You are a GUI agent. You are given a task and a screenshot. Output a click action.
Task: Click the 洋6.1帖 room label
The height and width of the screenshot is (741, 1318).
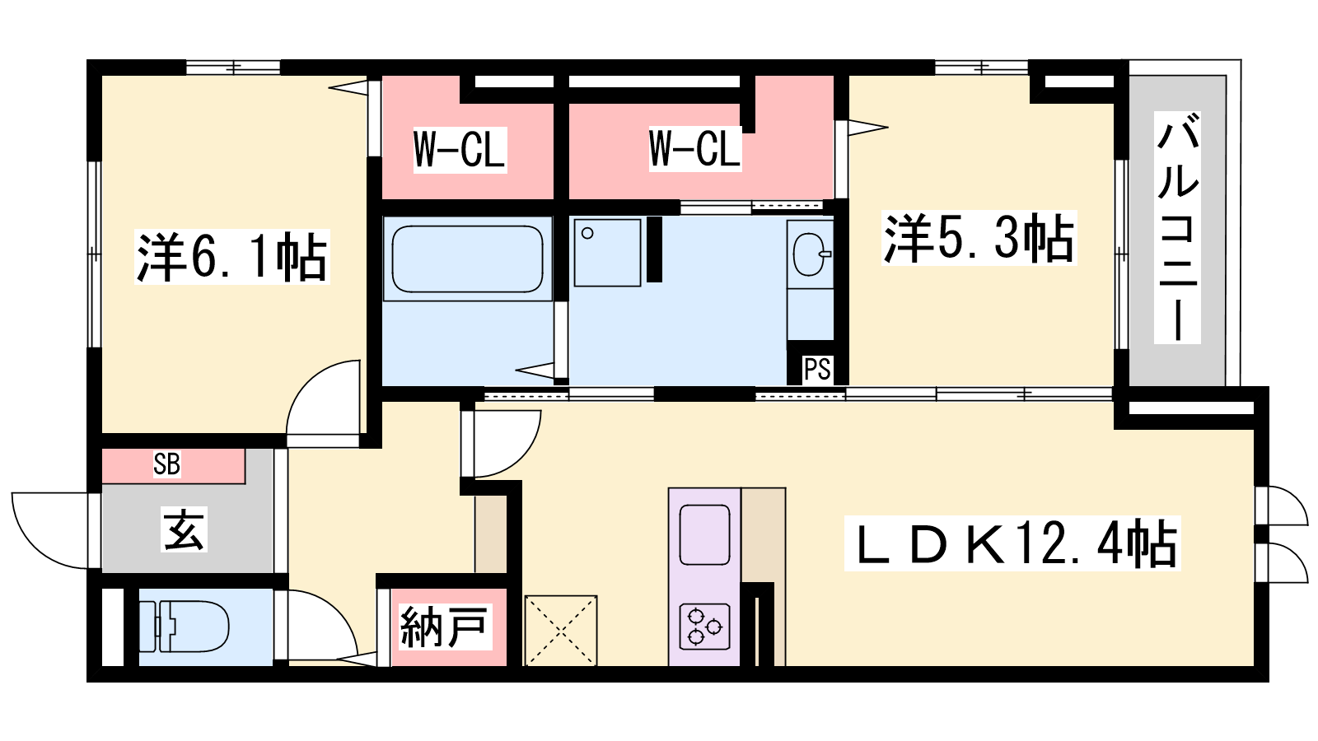click(x=231, y=258)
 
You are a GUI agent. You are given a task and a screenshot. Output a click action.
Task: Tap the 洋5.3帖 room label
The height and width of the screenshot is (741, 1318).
click(x=979, y=238)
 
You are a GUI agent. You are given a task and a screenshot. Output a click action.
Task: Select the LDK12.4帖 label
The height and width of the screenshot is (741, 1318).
click(x=1012, y=543)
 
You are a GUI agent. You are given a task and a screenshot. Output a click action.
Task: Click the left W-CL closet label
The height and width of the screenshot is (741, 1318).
click(x=460, y=150)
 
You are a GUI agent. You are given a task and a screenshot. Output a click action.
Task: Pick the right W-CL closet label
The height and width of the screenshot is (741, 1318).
click(x=695, y=149)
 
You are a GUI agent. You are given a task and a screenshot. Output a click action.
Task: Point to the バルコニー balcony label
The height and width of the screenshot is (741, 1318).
click(x=1177, y=227)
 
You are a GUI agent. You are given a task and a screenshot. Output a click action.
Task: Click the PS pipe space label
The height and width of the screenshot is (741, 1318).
click(x=817, y=370)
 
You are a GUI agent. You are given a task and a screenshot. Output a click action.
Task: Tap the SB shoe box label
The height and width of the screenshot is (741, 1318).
click(x=166, y=464)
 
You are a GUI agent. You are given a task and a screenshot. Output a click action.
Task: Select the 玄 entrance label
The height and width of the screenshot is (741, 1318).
click(x=185, y=530)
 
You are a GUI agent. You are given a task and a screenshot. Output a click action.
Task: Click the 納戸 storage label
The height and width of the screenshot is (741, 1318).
click(x=445, y=627)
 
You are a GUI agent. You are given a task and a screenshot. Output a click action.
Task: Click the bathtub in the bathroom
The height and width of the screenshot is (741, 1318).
click(x=468, y=259)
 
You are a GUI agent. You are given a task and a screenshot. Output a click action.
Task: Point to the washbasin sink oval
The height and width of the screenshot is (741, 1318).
click(x=810, y=254)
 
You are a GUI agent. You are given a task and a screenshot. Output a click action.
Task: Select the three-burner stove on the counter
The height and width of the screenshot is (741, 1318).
click(x=705, y=627)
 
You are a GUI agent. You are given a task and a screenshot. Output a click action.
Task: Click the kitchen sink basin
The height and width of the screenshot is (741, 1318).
click(x=705, y=534)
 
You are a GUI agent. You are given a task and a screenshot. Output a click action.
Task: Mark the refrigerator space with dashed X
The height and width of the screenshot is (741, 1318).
click(x=561, y=631)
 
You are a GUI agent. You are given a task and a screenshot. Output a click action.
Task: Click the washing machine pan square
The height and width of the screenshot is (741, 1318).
click(x=608, y=253)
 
